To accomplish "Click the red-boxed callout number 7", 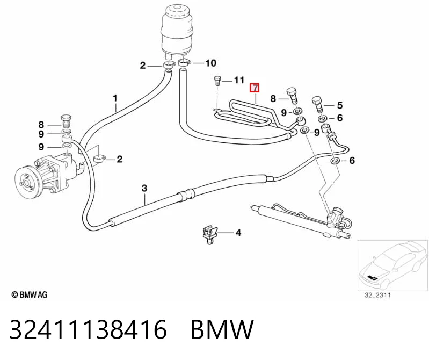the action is pyautogui.click(x=254, y=88).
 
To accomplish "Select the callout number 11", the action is pyautogui.click(x=239, y=80).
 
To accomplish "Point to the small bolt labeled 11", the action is pyautogui.click(x=217, y=81).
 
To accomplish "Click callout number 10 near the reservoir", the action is pyautogui.click(x=210, y=63).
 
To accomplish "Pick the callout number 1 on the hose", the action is pyautogui.click(x=115, y=98).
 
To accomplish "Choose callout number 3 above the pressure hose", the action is pyautogui.click(x=144, y=189).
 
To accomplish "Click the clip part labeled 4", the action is pyautogui.click(x=209, y=235).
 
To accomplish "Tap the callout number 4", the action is pyautogui.click(x=238, y=233).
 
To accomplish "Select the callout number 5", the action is pyautogui.click(x=340, y=105).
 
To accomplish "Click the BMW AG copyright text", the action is pyautogui.click(x=30, y=294).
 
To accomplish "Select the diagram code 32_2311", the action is pyautogui.click(x=378, y=295).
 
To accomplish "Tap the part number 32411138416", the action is pyautogui.click(x=88, y=329).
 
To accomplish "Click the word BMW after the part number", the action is pyautogui.click(x=222, y=329).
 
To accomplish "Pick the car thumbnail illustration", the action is pyautogui.click(x=393, y=265).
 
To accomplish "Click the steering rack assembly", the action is pyautogui.click(x=301, y=220).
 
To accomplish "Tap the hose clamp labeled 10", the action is pyautogui.click(x=185, y=63).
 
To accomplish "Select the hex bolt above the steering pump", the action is pyautogui.click(x=66, y=120).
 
